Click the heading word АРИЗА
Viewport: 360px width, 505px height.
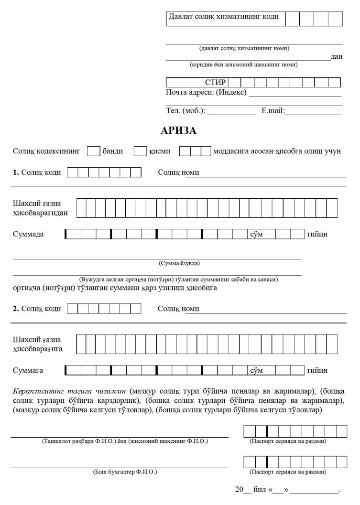click(x=179, y=130)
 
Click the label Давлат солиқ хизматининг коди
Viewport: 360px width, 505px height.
click(x=223, y=17)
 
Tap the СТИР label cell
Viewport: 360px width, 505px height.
click(x=215, y=83)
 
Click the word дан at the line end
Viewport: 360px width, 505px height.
click(x=337, y=56)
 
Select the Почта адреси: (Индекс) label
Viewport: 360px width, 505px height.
click(x=206, y=92)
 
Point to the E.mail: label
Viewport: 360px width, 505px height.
click(x=273, y=111)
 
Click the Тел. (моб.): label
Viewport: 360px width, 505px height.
click(x=185, y=111)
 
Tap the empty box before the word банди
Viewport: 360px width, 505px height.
click(x=94, y=151)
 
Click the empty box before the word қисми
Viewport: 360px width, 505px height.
click(x=140, y=151)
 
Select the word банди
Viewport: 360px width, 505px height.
click(x=113, y=151)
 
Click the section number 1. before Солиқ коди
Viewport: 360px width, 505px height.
click(x=16, y=172)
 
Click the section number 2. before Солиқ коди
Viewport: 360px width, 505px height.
click(x=16, y=309)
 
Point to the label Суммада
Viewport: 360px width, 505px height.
click(x=28, y=234)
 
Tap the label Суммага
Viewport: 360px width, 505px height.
click(x=28, y=370)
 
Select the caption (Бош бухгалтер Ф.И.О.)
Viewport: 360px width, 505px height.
click(x=125, y=472)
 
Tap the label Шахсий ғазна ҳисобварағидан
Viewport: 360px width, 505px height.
click(x=40, y=208)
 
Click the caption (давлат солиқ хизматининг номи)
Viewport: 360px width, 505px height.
click(x=244, y=48)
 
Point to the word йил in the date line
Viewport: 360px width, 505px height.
click(x=260, y=490)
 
